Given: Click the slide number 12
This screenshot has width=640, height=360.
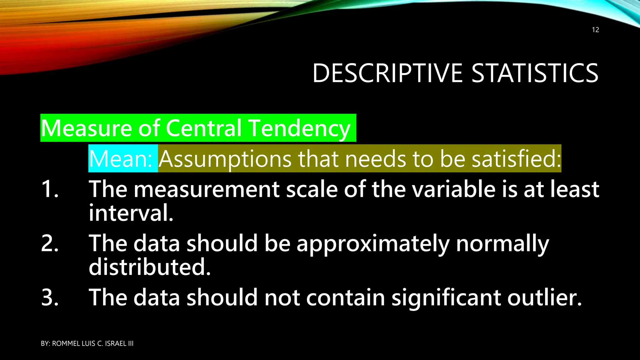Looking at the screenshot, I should click(595, 30).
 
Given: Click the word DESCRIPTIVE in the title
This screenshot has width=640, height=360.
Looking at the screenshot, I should click(387, 73).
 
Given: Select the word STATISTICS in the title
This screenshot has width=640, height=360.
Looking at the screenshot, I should click(535, 73).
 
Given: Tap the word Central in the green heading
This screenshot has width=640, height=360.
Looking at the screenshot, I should click(204, 128).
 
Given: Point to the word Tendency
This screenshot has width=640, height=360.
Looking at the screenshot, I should click(300, 128).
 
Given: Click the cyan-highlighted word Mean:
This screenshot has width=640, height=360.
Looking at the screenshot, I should click(121, 159).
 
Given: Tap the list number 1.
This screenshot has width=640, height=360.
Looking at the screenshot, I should click(50, 189).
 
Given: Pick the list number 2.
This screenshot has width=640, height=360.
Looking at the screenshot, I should click(50, 243).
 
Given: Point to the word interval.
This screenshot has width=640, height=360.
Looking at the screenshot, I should click(131, 213).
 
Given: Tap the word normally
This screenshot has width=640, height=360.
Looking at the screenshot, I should click(502, 244).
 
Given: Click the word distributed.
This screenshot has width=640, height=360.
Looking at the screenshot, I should click(150, 267).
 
